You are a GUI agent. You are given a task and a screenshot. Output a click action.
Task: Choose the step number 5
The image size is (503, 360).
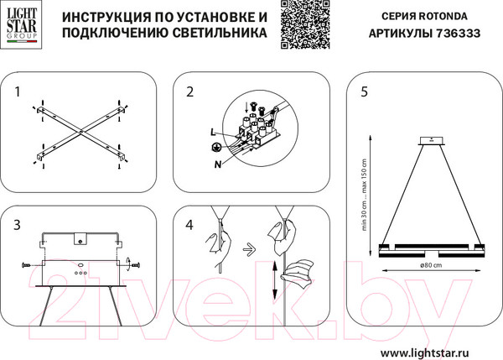click(x=363, y=91)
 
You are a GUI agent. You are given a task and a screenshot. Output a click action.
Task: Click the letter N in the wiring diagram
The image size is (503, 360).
click(x=217, y=163)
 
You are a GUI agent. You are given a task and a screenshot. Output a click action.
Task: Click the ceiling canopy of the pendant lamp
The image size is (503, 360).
click(x=433, y=139)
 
